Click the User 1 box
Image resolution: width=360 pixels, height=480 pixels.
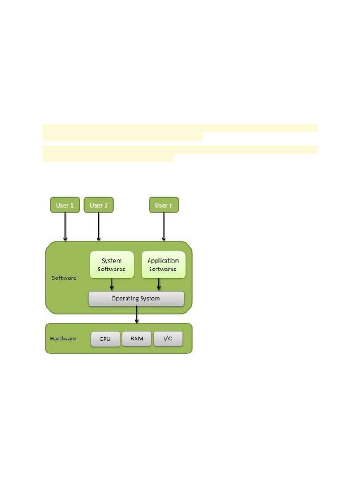[65, 205]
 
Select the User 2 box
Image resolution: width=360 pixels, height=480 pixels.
[98, 205]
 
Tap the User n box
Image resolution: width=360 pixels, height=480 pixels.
[164, 205]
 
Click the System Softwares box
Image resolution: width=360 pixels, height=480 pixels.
[112, 265]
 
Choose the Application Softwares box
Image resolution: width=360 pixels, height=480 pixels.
[163, 265]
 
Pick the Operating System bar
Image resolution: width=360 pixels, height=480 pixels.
[136, 299]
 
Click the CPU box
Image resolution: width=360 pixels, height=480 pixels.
[105, 339]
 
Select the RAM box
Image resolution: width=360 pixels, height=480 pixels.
[137, 339]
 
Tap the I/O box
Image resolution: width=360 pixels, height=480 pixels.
[168, 339]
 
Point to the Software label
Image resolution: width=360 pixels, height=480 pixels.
[64, 278]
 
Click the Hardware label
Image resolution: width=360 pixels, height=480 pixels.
[63, 338]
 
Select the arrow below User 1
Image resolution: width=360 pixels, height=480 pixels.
[65, 227]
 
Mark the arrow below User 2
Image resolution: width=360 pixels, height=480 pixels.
[98, 227]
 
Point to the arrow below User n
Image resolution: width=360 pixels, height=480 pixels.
[164, 227]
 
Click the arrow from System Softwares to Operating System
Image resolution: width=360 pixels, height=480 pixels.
[112, 285]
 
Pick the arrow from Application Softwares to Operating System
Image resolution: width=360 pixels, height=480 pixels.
[159, 285]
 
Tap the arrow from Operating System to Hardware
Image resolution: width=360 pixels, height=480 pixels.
[137, 315]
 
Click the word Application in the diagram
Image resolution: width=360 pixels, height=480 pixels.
[163, 261]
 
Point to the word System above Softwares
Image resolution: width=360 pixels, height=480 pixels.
[112, 261]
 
